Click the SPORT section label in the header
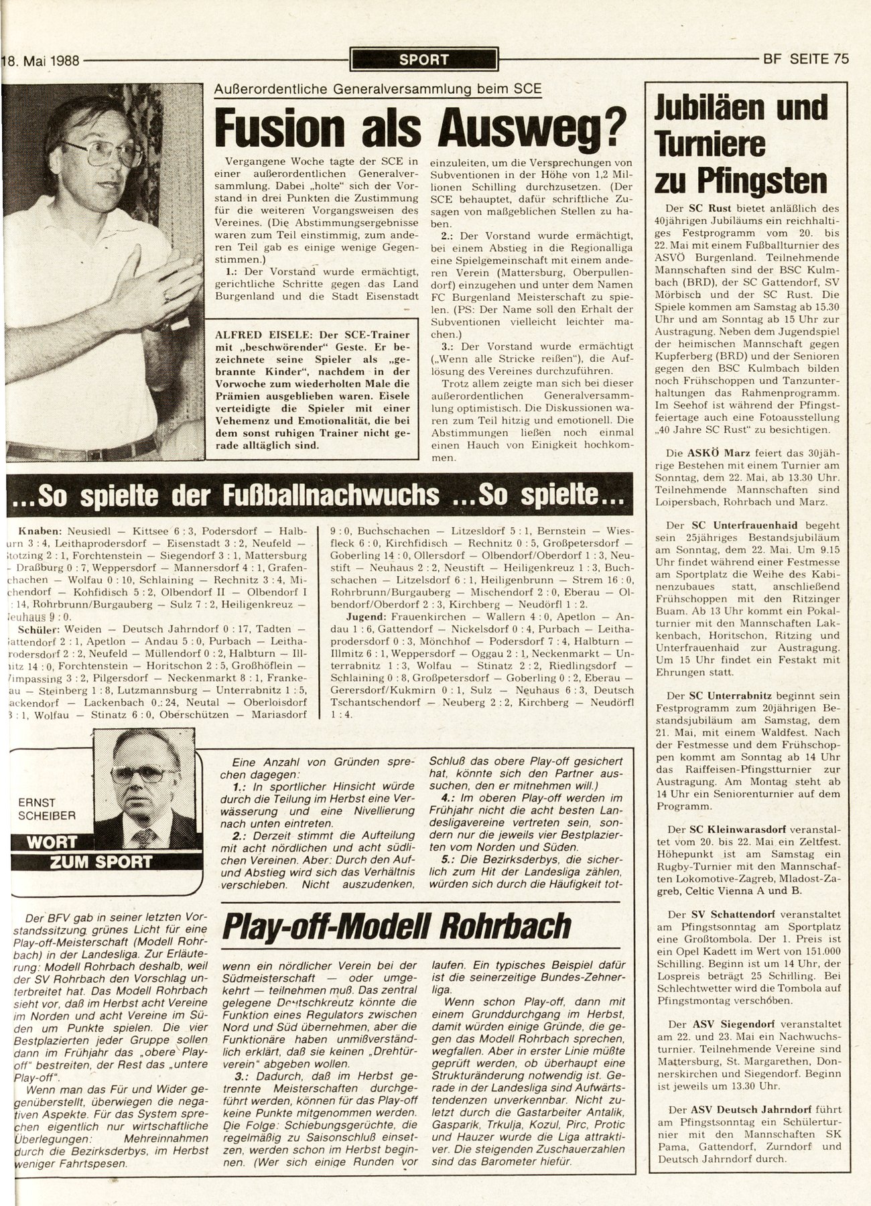point(423,60)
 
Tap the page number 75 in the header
point(841,58)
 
